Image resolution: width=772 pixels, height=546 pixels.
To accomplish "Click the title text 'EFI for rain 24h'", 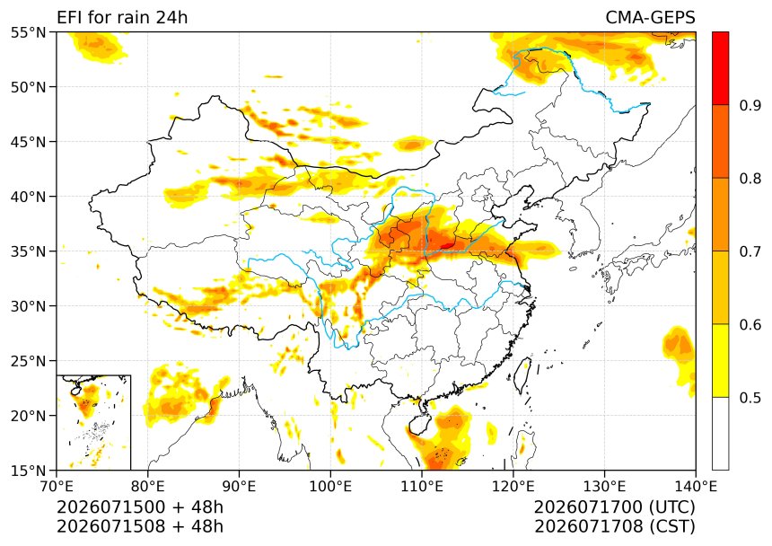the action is tap(122, 17).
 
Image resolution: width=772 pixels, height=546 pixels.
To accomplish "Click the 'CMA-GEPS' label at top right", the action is tap(650, 17).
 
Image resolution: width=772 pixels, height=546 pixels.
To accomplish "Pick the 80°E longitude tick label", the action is tap(148, 487).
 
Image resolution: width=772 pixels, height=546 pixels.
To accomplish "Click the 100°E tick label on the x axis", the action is tap(330, 487).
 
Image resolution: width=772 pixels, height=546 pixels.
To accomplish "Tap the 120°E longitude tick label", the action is tap(513, 487).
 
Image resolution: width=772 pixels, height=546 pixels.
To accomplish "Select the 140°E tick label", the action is tap(696, 487).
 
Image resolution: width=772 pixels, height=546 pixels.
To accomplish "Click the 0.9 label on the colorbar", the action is tap(750, 105).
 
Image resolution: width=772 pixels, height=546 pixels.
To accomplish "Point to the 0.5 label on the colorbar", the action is tap(750, 397).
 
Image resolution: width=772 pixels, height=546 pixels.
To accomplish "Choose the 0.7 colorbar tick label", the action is tap(750, 251).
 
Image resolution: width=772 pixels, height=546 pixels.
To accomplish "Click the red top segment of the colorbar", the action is tap(720, 68).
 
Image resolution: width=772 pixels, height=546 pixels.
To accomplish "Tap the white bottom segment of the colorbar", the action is tap(720, 433).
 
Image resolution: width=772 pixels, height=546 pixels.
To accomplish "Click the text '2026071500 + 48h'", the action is tap(140, 507).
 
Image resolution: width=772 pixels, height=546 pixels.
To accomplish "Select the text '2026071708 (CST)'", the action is tap(614, 527).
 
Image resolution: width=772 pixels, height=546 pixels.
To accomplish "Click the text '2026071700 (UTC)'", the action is tap(614, 507).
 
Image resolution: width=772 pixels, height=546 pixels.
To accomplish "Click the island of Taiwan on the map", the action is tap(522, 374).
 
